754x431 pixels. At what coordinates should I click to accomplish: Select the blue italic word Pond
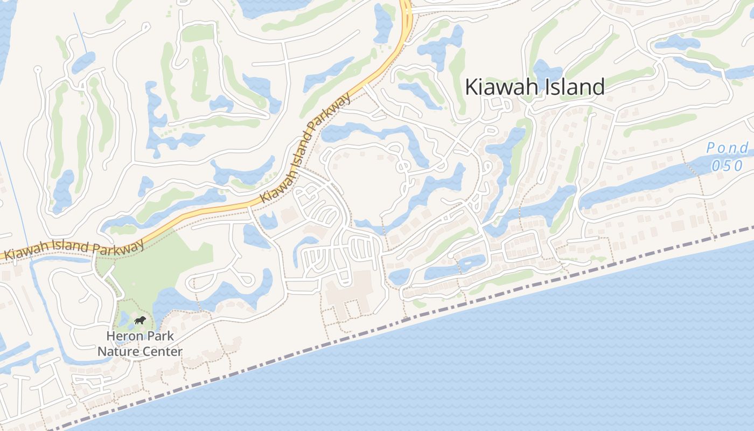click(x=727, y=148)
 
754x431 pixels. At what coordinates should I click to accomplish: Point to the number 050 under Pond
click(x=727, y=165)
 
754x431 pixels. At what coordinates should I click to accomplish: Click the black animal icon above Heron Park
click(x=139, y=322)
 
